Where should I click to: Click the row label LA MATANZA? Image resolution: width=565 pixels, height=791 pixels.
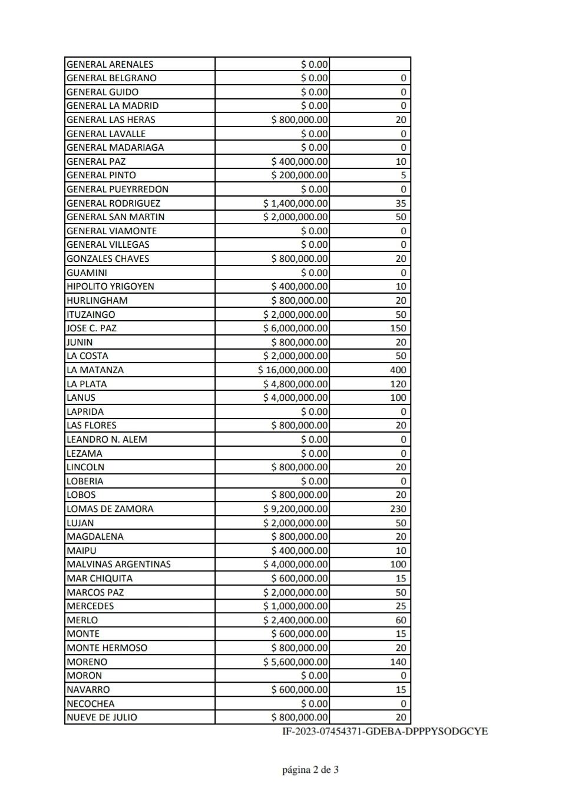pos(95,370)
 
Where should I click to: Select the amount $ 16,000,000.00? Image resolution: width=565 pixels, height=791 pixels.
pos(293,370)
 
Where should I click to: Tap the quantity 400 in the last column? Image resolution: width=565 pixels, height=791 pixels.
pos(398,370)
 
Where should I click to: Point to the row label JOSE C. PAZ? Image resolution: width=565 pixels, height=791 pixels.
pos(91,328)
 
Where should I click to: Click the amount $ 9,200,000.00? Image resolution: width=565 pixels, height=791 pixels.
pos(295,509)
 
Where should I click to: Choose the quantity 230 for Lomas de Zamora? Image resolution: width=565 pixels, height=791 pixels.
pos(398,509)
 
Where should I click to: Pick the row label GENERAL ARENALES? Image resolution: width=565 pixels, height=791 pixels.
pos(110,65)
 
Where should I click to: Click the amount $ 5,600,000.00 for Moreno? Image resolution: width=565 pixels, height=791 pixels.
pos(295,662)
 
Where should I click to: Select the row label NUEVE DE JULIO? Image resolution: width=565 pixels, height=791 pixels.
pos(101,717)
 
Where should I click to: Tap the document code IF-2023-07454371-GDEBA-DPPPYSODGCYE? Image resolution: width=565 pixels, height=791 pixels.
pos(385,732)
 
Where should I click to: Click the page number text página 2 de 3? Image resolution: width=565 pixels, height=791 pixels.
pos(310,770)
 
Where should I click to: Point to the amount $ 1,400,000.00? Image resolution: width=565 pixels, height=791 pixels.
pos(295,204)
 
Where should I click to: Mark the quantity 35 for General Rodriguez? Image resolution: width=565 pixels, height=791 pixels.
pos(401,204)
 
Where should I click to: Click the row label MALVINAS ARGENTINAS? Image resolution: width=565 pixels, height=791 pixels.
pos(118,564)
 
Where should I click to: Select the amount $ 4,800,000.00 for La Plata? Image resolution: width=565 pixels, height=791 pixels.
pos(295,384)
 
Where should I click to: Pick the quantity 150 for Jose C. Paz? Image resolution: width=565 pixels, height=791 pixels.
pos(398,328)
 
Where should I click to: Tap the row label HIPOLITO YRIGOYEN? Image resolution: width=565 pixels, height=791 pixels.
pos(110,287)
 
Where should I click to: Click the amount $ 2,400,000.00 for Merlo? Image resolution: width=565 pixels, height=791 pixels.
pos(295,620)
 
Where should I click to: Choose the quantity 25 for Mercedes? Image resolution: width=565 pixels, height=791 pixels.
pos(401,606)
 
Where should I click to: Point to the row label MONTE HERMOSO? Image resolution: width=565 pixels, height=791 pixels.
pos(107,648)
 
